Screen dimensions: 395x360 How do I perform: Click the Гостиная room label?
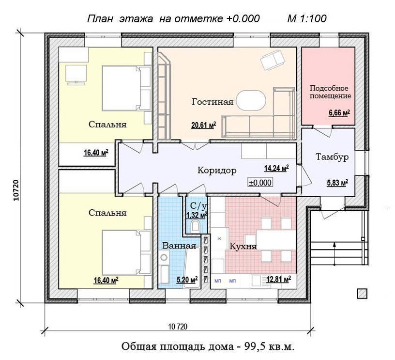pos(213,102)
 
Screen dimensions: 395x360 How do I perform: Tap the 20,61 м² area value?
pos(204,125)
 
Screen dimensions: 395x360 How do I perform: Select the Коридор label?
pos(217,171)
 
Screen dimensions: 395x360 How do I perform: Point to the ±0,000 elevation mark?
pos(260,182)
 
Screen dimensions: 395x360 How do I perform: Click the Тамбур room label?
pos(332,157)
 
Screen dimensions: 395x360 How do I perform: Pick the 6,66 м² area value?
pos(339,113)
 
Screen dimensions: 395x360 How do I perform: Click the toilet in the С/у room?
pos(195,226)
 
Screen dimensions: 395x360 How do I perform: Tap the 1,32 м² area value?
pos(197,215)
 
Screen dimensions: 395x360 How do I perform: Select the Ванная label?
pos(179,246)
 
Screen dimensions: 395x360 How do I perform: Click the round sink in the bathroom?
pos(164,258)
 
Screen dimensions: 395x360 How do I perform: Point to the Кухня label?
pos(243,246)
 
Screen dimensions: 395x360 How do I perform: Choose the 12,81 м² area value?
pos(279,280)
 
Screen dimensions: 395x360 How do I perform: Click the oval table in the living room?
pos(251,100)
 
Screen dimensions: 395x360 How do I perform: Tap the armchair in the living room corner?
pos(273,60)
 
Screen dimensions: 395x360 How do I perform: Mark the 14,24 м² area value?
pos(276,168)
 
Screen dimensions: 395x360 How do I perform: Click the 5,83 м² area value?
pos(337,183)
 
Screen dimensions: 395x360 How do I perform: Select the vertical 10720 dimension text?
pos(16,190)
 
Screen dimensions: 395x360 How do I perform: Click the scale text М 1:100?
pos(307,19)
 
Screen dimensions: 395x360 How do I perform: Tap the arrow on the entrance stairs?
pos(334,254)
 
